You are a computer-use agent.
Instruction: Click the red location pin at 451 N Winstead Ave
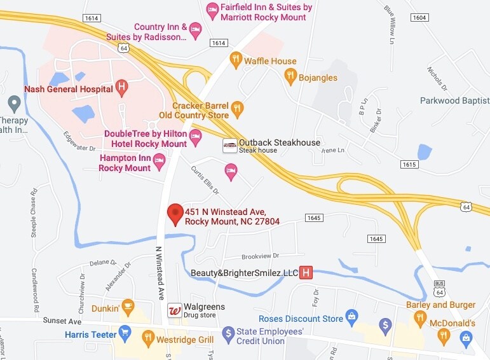click(x=175, y=214)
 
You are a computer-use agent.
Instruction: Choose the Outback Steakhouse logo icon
click(x=229, y=146)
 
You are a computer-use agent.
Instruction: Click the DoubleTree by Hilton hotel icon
click(x=196, y=135)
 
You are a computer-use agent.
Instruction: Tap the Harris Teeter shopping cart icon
click(x=125, y=333)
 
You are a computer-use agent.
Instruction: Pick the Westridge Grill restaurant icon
click(x=147, y=338)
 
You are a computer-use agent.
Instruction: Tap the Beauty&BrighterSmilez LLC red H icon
click(x=306, y=273)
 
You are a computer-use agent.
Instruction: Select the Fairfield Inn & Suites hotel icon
click(x=212, y=9)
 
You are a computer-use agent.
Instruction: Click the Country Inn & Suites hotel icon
click(x=197, y=29)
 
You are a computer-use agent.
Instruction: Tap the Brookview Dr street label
click(x=242, y=256)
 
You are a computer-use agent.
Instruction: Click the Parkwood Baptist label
click(x=454, y=100)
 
